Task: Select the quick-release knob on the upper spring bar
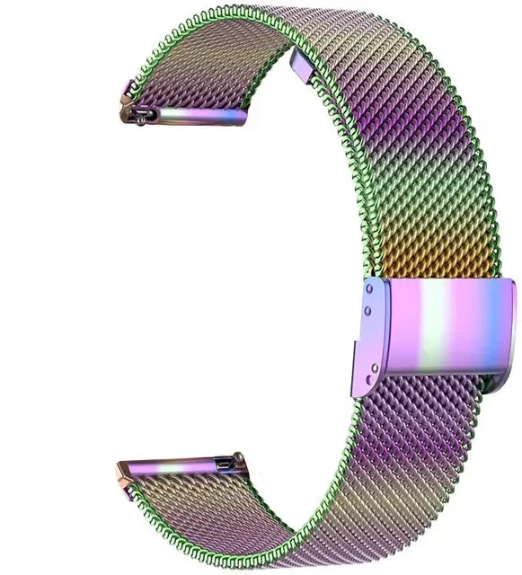tap(142, 113)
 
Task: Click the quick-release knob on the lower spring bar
tap(238, 460)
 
